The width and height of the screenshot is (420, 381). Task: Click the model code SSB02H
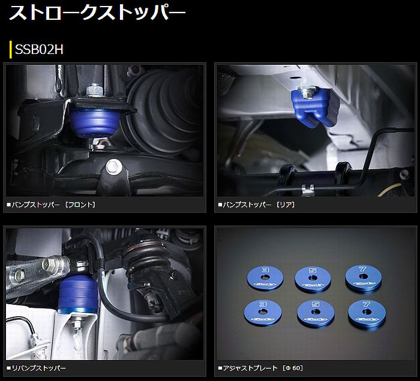(39, 49)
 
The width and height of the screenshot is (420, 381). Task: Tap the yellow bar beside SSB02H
(10, 49)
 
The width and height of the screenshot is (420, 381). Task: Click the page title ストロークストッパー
(97, 13)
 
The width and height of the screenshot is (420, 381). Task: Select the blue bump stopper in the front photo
(94, 122)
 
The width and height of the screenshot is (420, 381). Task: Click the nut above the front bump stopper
(95, 90)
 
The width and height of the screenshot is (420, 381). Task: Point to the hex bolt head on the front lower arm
(114, 167)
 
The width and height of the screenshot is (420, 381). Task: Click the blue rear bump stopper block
(315, 107)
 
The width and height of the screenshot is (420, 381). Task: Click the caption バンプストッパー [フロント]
(51, 205)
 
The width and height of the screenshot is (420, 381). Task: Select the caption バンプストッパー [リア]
(256, 205)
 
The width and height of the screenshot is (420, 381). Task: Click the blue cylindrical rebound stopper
(78, 294)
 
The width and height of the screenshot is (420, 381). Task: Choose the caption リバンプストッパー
(36, 368)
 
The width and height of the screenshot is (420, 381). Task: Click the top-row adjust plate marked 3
(265, 277)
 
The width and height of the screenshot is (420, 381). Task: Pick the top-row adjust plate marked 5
(313, 278)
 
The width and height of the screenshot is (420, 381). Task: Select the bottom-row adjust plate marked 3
(263, 312)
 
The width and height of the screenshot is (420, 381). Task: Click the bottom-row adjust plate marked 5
(316, 313)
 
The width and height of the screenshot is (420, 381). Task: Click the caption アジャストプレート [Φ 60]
(260, 368)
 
